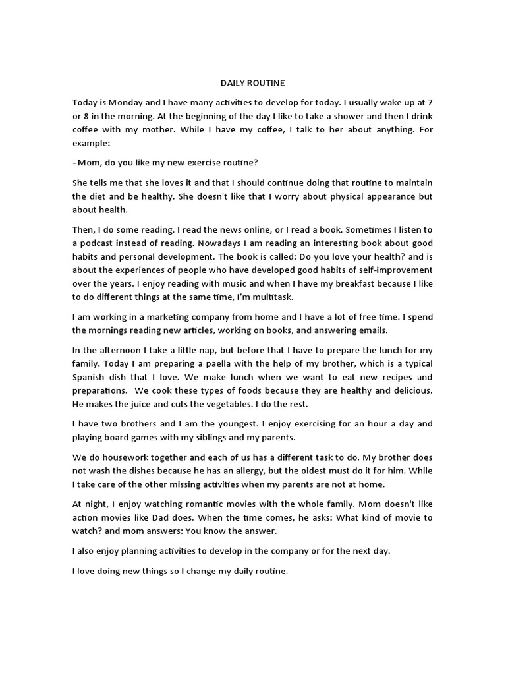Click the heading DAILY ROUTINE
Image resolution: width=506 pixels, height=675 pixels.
pyautogui.click(x=252, y=84)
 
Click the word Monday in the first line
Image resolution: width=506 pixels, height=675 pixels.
pyautogui.click(x=127, y=103)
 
